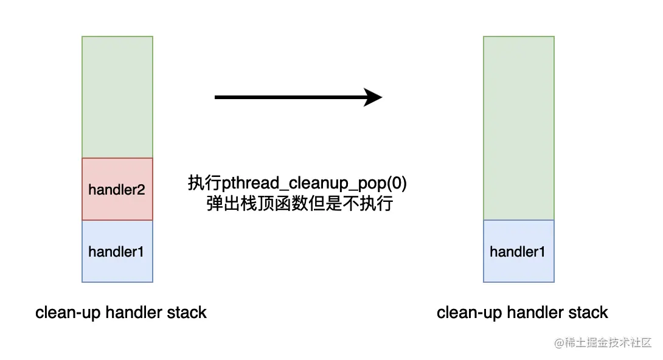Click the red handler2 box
click(117, 189)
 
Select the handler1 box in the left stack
click(117, 251)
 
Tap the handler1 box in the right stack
click(519, 251)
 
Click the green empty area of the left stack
click(117, 97)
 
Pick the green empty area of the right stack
click(519, 128)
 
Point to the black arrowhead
click(372, 97)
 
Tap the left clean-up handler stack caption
click(121, 313)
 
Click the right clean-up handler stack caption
click(522, 313)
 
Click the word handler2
click(117, 190)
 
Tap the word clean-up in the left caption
click(68, 313)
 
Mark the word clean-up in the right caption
click(470, 313)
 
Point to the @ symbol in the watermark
click(559, 343)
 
